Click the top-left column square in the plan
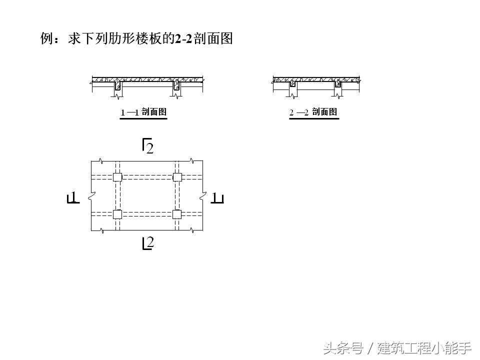[117, 177]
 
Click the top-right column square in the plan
[176, 177]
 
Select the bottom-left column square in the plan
[117, 214]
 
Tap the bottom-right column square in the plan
[176, 214]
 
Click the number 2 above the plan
[149, 148]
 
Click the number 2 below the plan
[149, 243]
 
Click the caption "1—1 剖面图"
[143, 112]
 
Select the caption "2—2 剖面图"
[313, 112]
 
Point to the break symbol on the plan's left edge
[91, 196]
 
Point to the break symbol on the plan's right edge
[202, 196]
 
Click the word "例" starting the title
[47, 39]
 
